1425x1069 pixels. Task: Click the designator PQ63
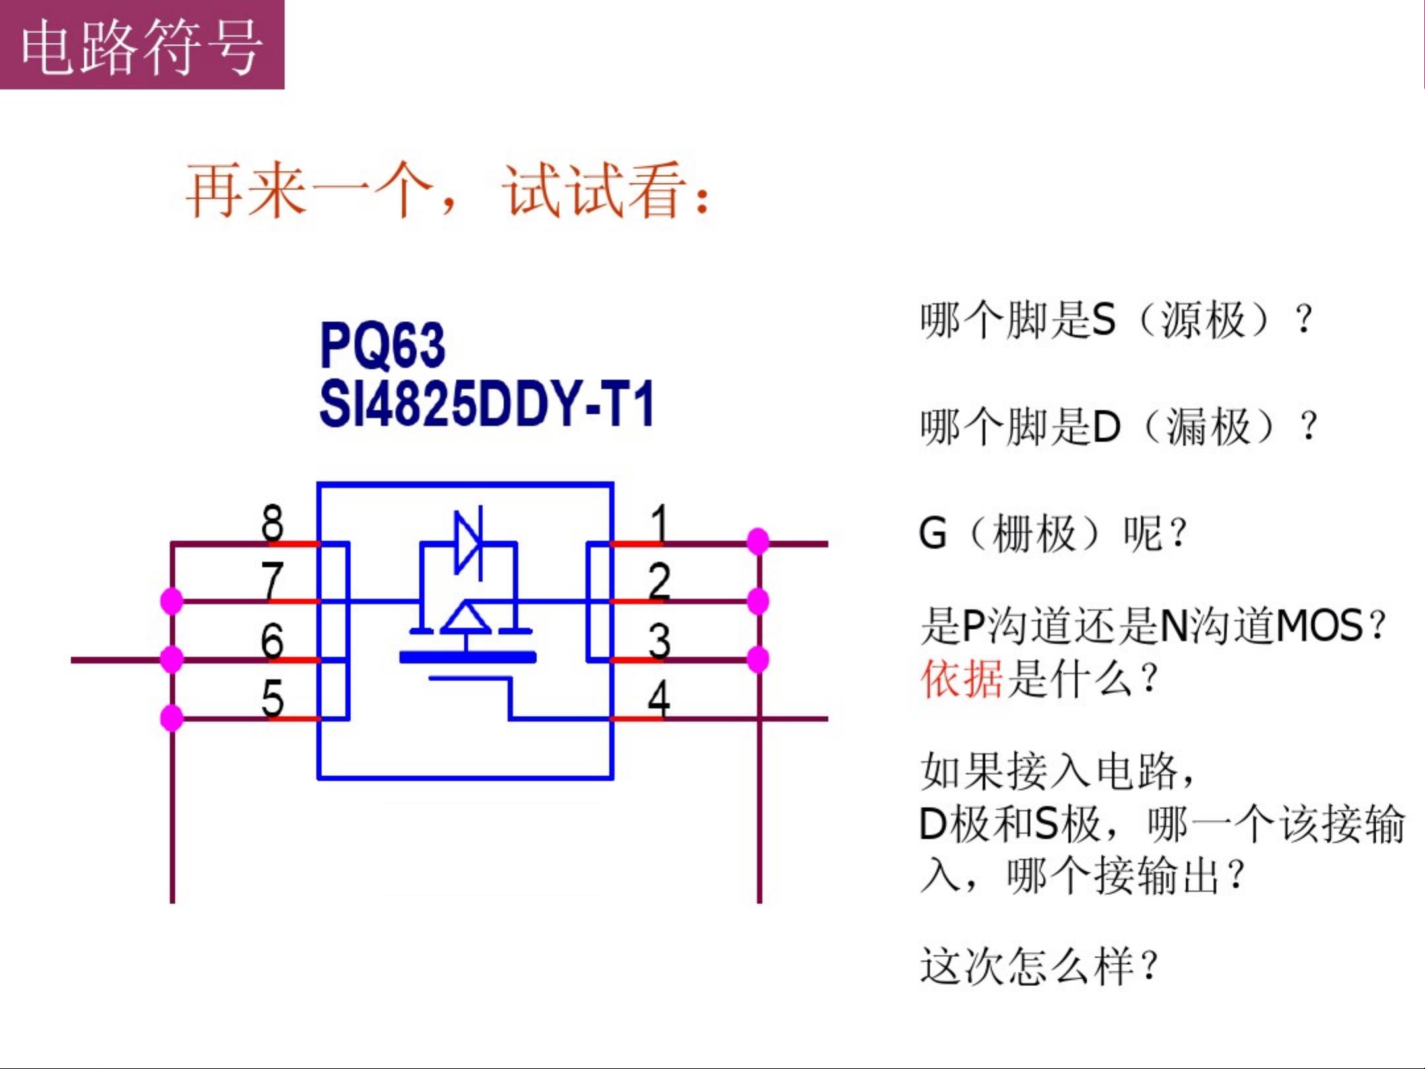coord(382,345)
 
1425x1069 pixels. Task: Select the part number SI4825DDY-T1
coord(487,403)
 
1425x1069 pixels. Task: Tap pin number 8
coord(272,523)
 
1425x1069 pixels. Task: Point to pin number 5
coord(272,698)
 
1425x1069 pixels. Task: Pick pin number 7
coord(272,580)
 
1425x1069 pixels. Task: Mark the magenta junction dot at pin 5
coord(172,718)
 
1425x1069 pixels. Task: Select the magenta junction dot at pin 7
coord(172,601)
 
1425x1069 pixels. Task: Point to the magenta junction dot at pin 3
coord(758,659)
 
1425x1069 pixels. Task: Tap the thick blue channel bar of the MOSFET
coord(468,657)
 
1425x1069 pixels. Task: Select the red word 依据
coord(961,679)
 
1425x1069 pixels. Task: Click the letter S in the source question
coord(1104,320)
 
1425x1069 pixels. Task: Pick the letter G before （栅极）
coord(932,533)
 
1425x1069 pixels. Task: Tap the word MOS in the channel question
coord(1319,625)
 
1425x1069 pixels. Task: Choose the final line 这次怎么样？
coord(1039,966)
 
